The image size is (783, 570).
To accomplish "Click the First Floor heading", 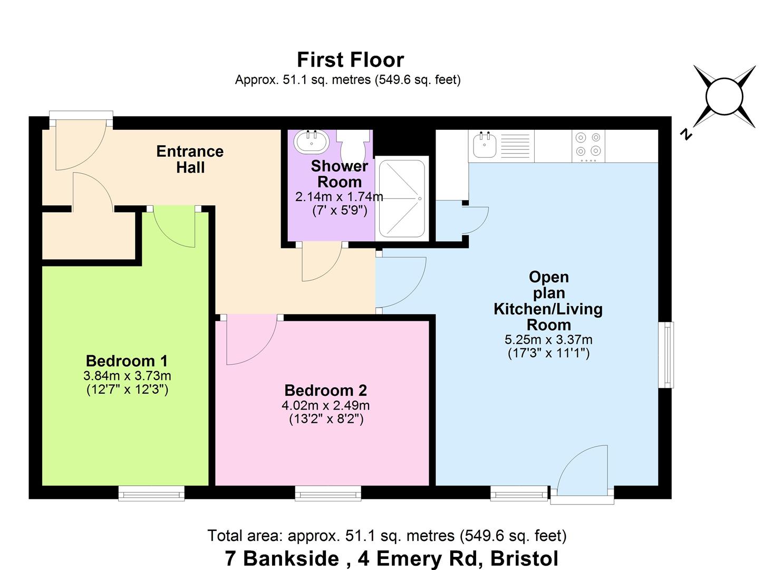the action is [x=350, y=60].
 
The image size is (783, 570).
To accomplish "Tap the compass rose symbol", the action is [x=724, y=97].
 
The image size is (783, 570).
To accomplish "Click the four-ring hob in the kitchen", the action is [x=588, y=146].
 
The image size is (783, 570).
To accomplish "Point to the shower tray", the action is [x=402, y=198].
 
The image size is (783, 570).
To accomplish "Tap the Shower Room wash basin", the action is [x=311, y=142].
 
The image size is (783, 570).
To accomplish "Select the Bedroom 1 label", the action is [x=127, y=361].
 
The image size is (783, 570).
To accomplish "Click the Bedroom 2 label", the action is [x=325, y=390].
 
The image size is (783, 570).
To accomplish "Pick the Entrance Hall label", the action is [x=190, y=159].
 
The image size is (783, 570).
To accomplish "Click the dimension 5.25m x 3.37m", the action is [x=548, y=339].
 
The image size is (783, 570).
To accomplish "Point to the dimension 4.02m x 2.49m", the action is [x=325, y=405].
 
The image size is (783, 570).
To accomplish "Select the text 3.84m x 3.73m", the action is [x=127, y=376].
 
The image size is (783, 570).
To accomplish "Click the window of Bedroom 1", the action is [x=151, y=493].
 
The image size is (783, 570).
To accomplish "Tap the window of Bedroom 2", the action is [x=328, y=493].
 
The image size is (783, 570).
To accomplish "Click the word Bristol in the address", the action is [x=524, y=558].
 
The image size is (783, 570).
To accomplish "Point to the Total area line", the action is [x=386, y=536].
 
